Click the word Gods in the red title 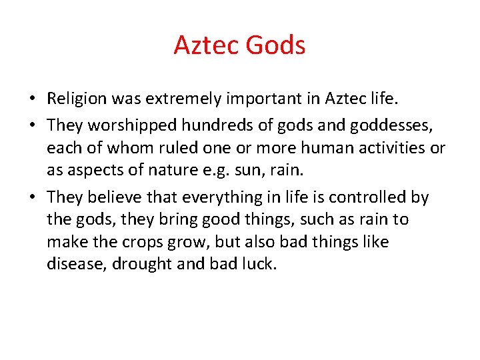tap(275, 45)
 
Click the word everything tap(223, 197)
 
